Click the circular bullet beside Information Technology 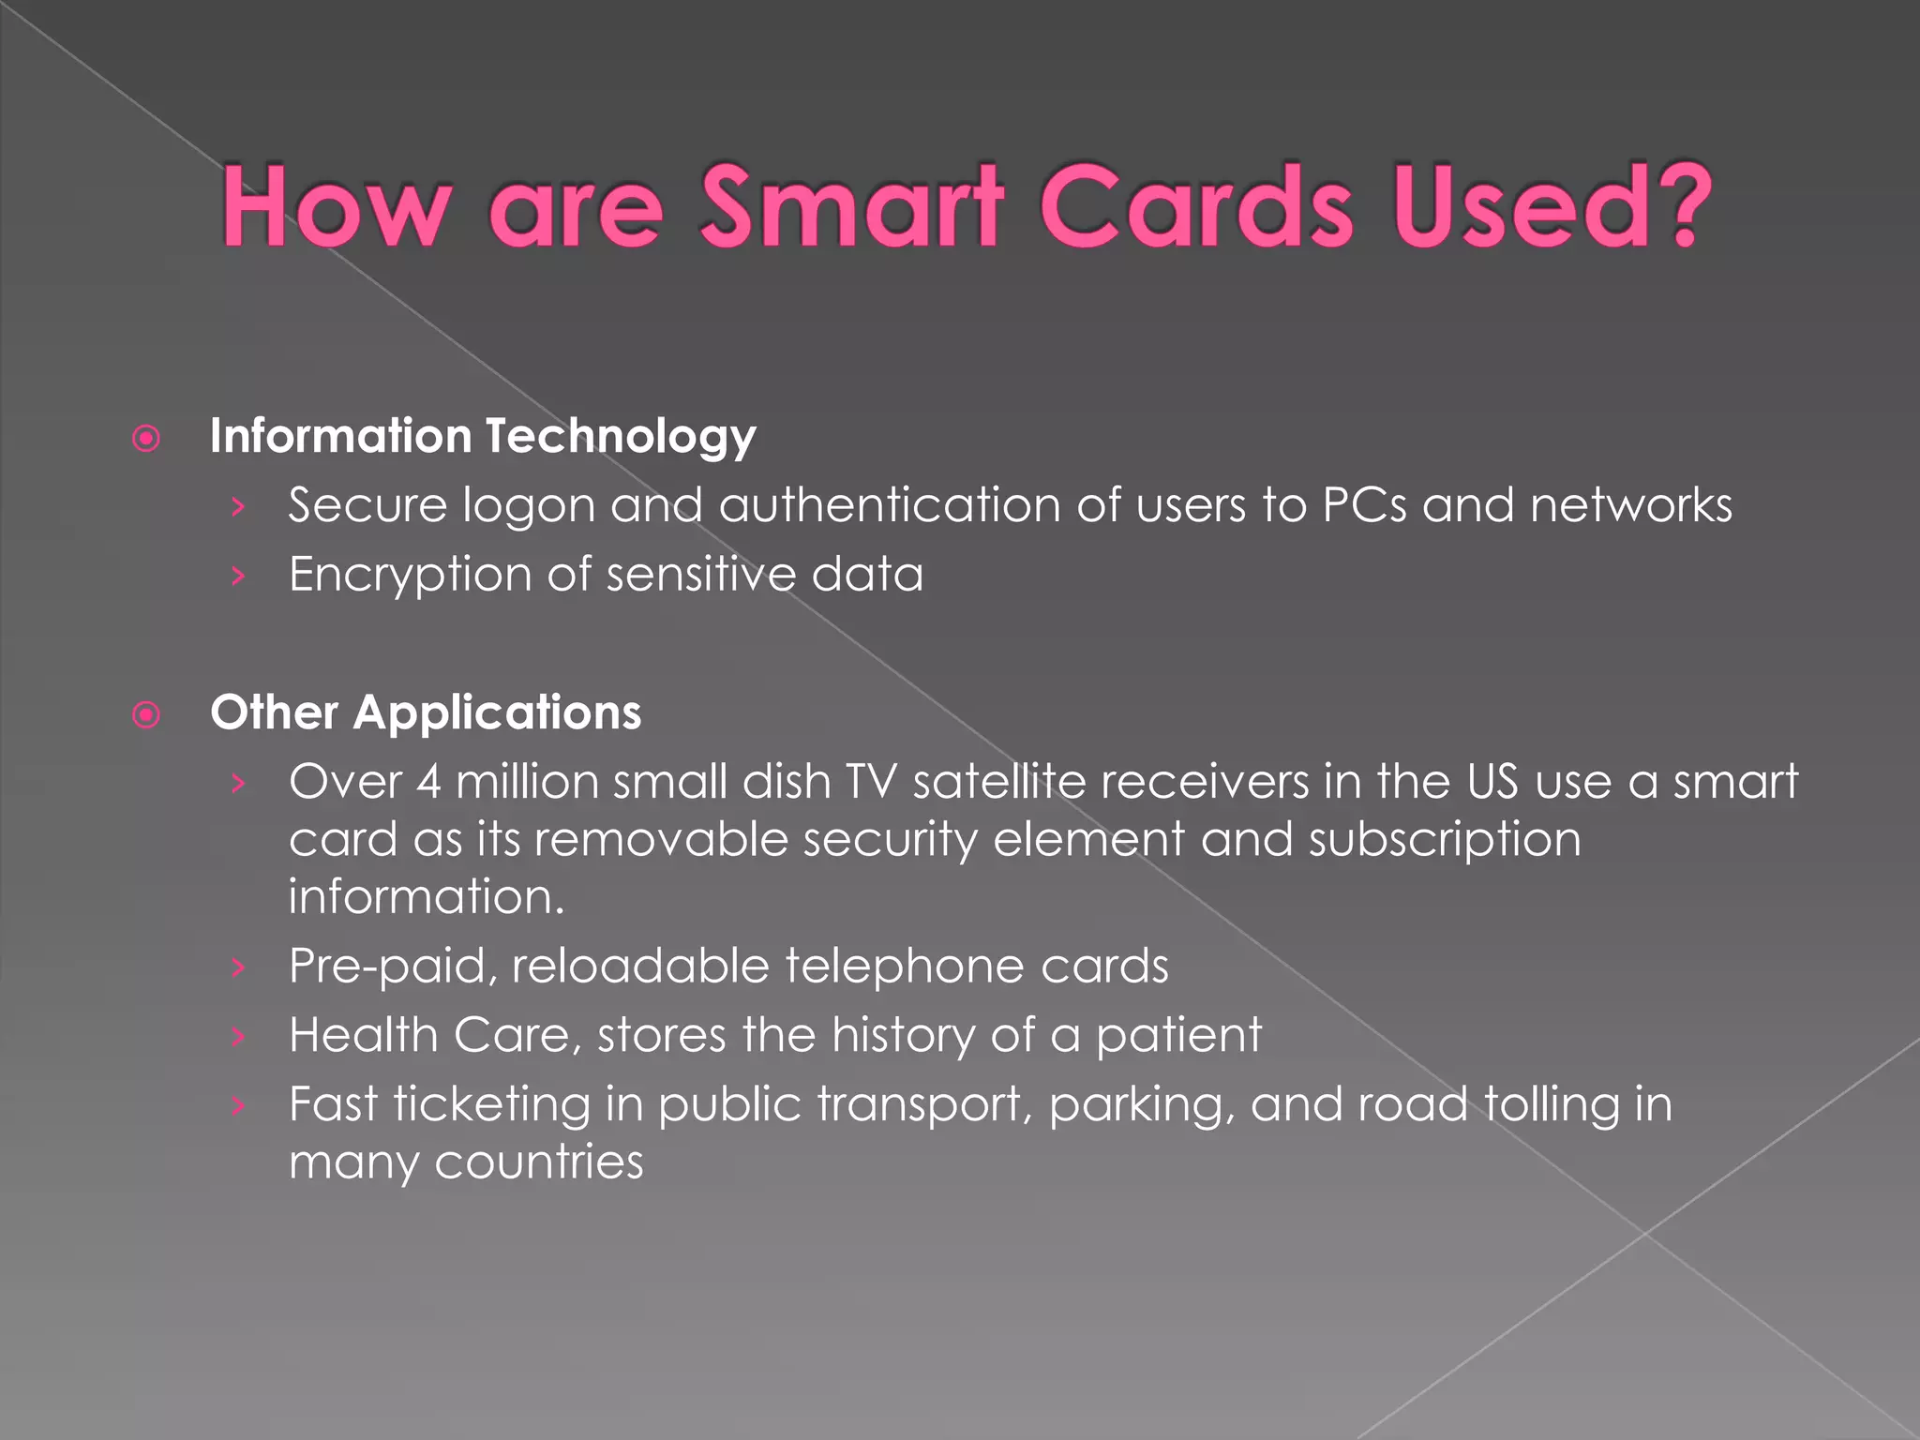(x=146, y=438)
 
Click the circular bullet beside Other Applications (x=146, y=715)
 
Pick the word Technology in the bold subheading (x=620, y=438)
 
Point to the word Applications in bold (x=497, y=712)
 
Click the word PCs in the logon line (x=1364, y=505)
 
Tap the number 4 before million (x=428, y=782)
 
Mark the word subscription (x=1445, y=840)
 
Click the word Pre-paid (x=393, y=967)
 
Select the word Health (x=364, y=1036)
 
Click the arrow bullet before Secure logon (x=238, y=507)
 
